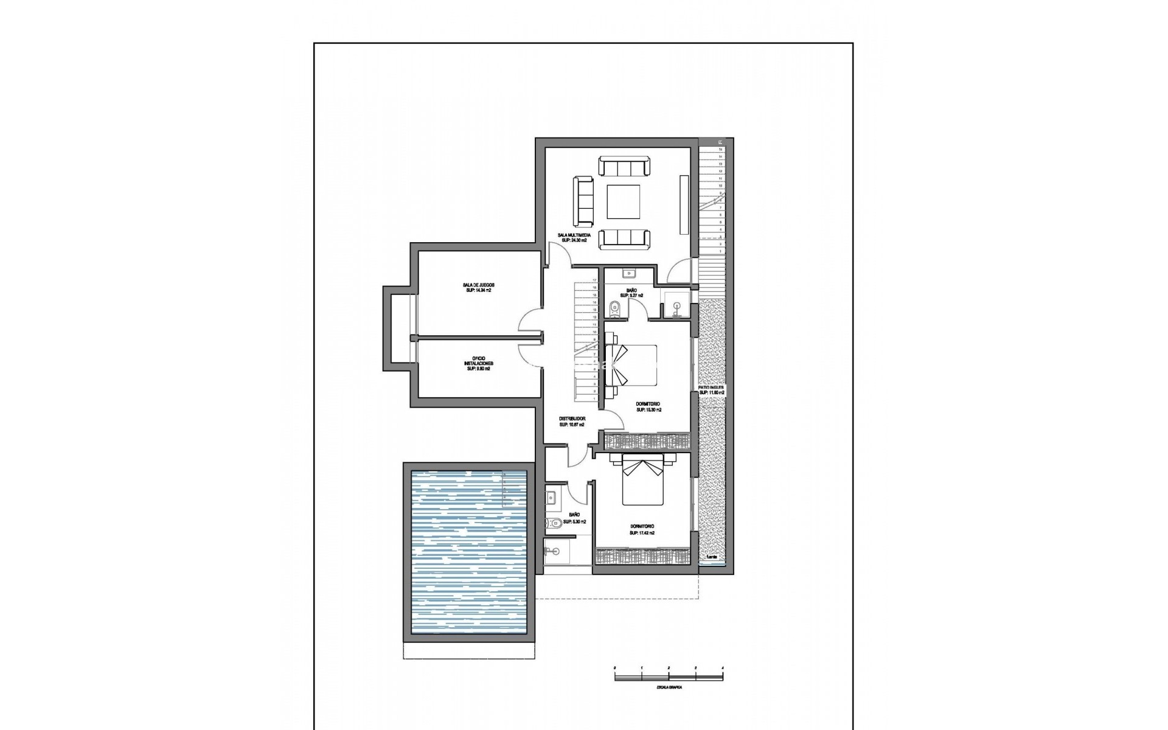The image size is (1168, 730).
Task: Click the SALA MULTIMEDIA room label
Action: click(573, 237)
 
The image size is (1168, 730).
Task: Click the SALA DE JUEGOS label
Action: click(478, 288)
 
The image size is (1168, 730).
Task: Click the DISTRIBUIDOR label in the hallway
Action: click(572, 422)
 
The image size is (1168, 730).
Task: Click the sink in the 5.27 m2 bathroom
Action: click(629, 273)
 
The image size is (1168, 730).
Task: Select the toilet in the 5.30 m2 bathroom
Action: click(554, 522)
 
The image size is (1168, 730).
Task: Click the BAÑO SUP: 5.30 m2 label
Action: click(574, 518)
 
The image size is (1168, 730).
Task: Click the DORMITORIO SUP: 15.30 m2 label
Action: click(648, 407)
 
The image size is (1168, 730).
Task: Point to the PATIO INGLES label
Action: click(712, 389)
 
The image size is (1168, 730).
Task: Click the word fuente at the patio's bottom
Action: click(711, 557)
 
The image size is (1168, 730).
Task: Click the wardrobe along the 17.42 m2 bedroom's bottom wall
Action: click(642, 556)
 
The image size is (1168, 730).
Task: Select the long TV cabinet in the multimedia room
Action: click(684, 204)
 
